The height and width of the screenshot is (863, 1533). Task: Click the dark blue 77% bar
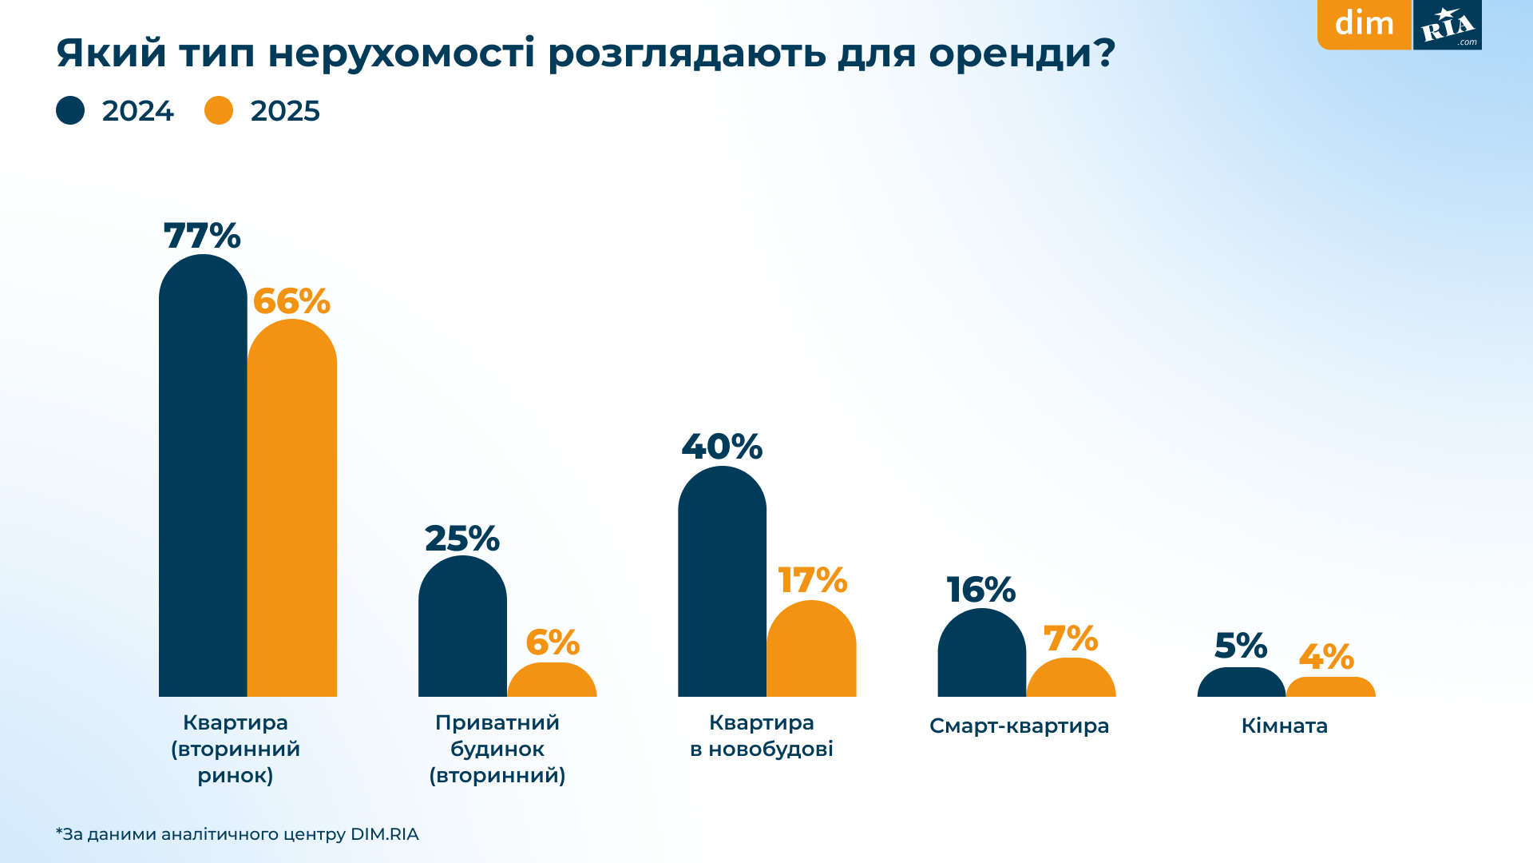click(203, 479)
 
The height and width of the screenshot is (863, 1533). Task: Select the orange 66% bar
click(292, 511)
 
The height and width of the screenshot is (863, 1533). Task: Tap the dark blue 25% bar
click(462, 627)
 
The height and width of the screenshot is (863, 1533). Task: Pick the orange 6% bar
click(552, 681)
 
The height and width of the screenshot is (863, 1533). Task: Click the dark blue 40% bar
click(722, 583)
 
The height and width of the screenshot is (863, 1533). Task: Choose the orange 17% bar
click(811, 650)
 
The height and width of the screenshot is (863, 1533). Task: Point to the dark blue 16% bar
click(981, 654)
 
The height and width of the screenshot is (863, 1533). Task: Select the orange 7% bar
click(1071, 678)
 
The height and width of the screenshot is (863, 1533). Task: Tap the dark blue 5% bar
click(1241, 683)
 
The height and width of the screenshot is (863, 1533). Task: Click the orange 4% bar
click(1330, 688)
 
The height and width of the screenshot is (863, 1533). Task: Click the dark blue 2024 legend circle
click(70, 110)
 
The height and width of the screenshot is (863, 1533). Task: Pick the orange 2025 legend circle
click(219, 110)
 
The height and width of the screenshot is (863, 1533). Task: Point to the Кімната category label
click(1284, 726)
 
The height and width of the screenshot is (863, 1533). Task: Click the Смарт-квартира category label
click(1019, 726)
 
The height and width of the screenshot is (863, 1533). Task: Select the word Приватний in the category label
click(497, 722)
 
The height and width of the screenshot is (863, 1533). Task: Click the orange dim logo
click(1364, 24)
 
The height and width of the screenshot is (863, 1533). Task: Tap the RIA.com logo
click(1448, 25)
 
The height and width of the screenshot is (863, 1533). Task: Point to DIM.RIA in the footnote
click(384, 834)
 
